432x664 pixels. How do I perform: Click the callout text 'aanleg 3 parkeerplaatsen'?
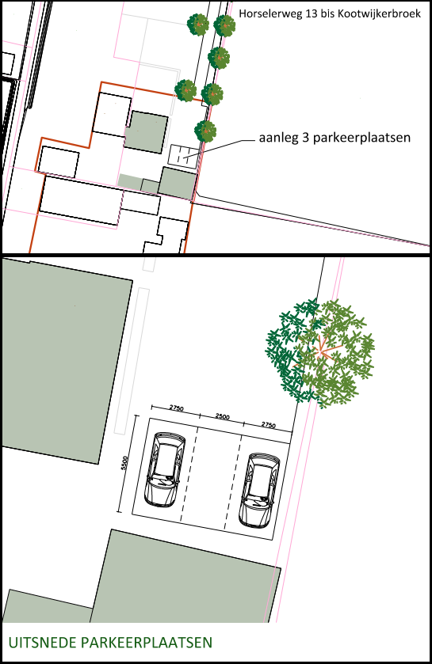click(335, 138)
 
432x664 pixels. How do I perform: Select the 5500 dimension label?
click(124, 463)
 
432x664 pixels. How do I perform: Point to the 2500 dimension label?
click(222, 416)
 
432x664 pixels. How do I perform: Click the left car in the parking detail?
click(165, 469)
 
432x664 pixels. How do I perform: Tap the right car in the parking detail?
click(258, 491)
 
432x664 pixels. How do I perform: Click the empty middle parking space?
click(211, 479)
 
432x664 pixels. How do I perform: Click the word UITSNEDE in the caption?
click(43, 643)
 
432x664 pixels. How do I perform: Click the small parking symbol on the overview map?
click(183, 155)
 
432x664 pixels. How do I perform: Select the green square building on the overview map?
click(146, 131)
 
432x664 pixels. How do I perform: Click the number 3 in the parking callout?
click(305, 138)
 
